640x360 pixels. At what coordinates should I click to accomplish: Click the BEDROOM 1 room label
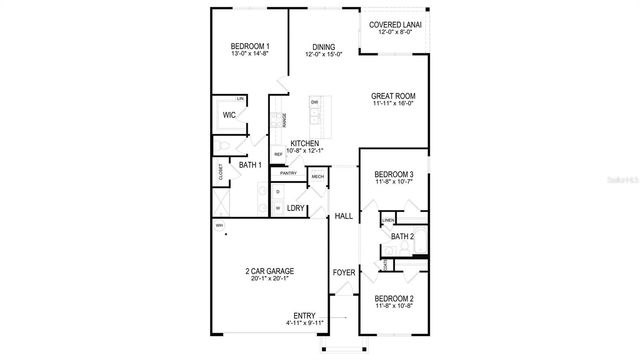[250, 46]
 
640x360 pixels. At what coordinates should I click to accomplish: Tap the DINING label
[323, 46]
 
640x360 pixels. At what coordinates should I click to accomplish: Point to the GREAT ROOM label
[393, 96]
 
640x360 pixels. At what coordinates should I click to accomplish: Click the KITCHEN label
[304, 143]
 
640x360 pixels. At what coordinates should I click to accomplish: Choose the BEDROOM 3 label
[393, 174]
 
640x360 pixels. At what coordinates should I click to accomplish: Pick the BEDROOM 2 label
[393, 298]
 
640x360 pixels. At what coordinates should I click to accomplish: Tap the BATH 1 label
[250, 165]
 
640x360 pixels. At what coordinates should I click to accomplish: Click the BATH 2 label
[402, 237]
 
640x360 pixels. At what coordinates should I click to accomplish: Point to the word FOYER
[343, 271]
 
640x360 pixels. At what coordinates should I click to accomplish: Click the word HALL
[343, 216]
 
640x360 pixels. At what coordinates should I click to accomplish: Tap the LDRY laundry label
[295, 209]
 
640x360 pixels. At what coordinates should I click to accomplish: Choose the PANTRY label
[289, 173]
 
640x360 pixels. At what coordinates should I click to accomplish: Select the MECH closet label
[317, 177]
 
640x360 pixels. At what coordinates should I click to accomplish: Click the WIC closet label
[229, 115]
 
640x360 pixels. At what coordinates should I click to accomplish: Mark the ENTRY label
[304, 316]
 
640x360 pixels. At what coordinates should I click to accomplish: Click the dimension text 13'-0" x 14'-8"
[250, 55]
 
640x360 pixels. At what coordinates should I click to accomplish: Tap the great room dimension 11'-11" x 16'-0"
[393, 104]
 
